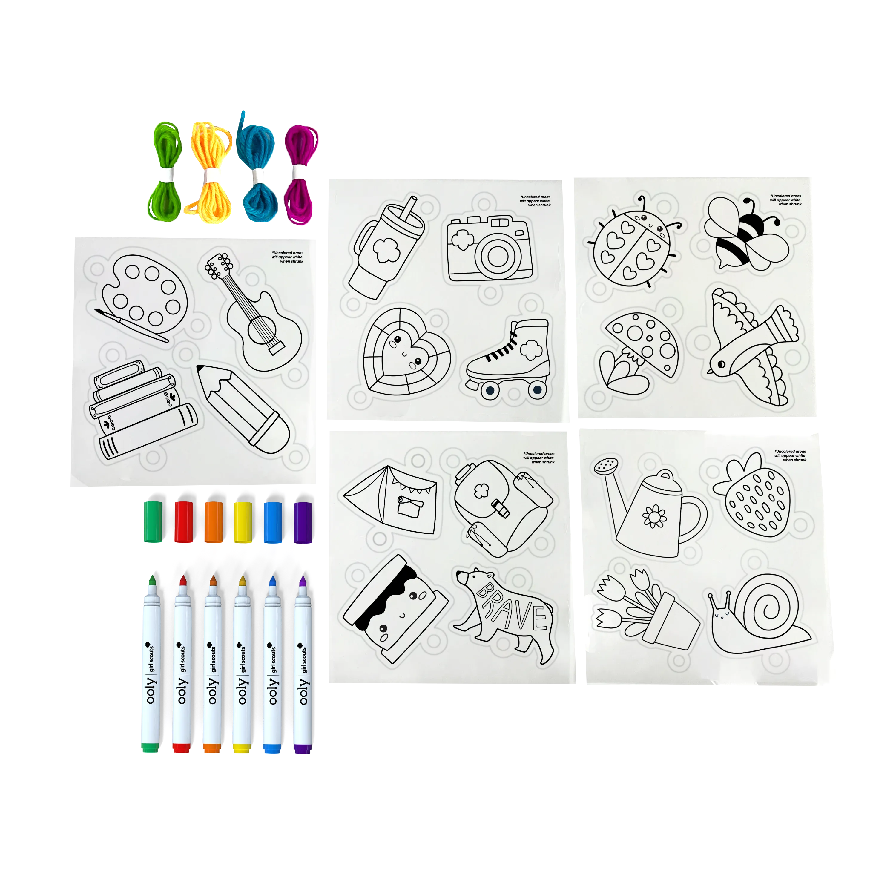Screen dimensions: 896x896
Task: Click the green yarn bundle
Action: point(164,172)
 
